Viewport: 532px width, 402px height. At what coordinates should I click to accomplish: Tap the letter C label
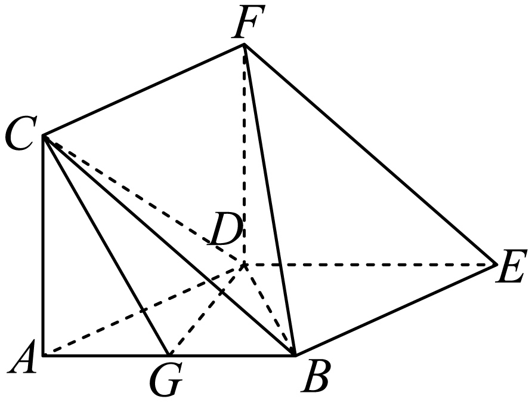coord(19,134)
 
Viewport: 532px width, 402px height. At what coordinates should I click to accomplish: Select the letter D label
coord(227,228)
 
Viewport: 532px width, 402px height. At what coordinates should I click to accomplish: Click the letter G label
coord(166,379)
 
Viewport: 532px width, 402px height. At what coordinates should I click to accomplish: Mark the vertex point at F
coord(244,44)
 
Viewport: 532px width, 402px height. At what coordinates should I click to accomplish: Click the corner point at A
coord(44,355)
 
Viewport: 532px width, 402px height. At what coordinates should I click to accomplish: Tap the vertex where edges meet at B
coord(295,355)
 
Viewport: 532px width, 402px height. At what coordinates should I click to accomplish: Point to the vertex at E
coord(496,264)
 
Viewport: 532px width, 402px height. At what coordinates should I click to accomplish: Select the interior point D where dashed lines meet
coord(244,264)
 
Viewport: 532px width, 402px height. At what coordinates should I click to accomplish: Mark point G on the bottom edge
coord(169,355)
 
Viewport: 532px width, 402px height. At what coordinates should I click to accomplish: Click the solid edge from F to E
coord(370,154)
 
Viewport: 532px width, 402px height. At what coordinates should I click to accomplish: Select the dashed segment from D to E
coord(370,264)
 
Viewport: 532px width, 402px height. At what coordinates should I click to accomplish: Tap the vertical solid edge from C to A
coord(44,246)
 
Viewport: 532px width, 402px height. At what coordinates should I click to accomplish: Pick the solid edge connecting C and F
coord(144,90)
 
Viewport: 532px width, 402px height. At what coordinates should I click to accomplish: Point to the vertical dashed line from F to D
coord(244,154)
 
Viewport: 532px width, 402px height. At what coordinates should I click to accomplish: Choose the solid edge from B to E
coord(395,310)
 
